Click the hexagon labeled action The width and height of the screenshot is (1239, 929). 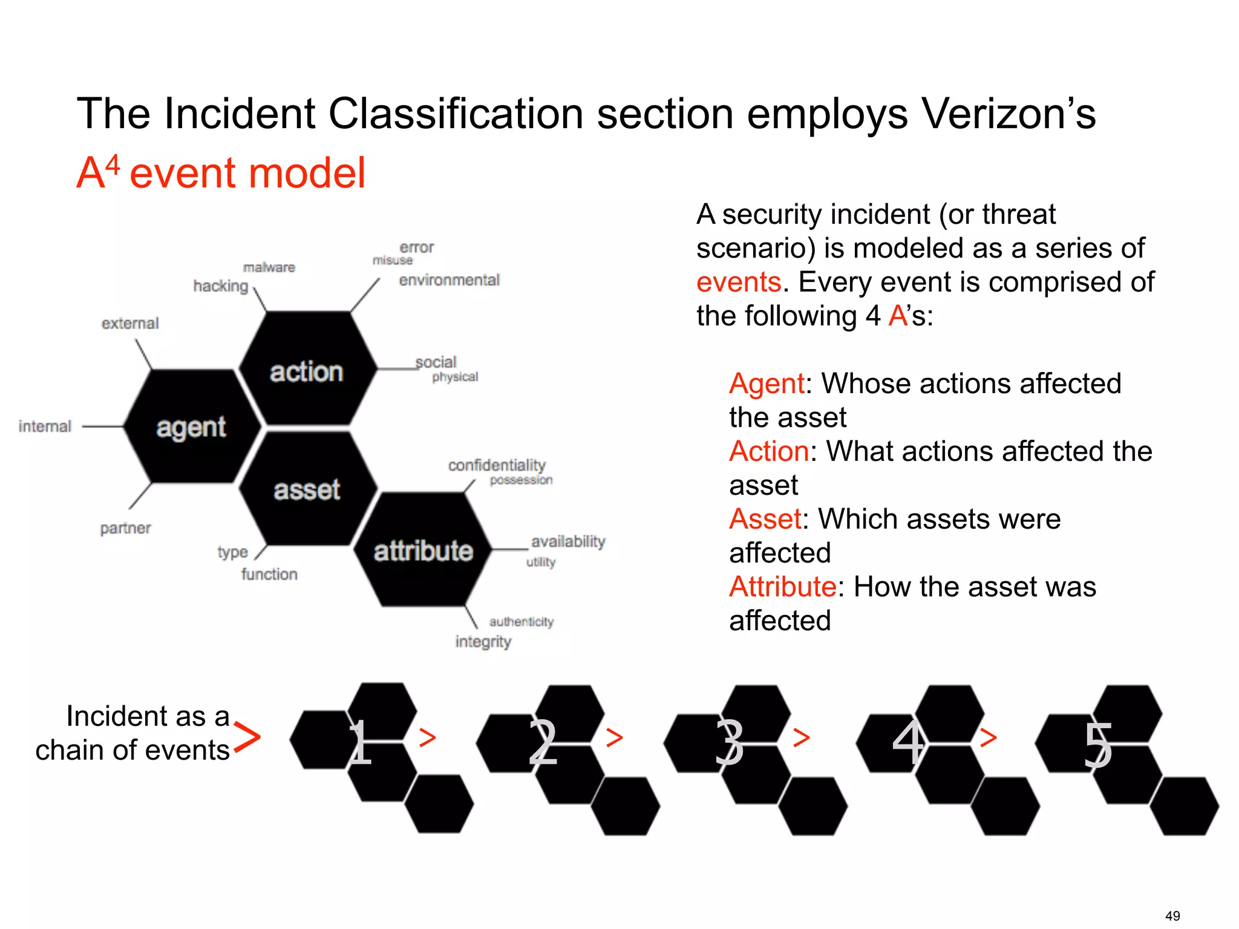(x=307, y=370)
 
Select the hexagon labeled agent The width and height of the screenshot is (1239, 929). (x=191, y=427)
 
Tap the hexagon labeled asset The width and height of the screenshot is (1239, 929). (x=307, y=489)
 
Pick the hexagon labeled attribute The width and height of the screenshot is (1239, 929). (x=423, y=550)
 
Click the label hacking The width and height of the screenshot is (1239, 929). (x=221, y=286)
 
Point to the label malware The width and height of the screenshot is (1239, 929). (x=269, y=267)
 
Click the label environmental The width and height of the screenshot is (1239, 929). (x=449, y=280)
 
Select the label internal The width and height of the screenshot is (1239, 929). (x=45, y=426)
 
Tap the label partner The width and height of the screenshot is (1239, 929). (x=125, y=528)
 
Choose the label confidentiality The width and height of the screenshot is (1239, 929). (x=497, y=465)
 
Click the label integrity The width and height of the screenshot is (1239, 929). (x=483, y=641)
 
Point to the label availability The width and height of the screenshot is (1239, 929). (x=568, y=541)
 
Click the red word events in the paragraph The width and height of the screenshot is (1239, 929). (x=739, y=282)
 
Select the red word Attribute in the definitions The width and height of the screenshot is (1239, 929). (x=782, y=587)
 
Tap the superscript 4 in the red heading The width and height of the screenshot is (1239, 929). (x=113, y=165)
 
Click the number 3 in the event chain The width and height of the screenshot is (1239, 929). (x=729, y=743)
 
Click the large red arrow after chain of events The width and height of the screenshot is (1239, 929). (x=247, y=737)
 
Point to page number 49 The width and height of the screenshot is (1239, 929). (x=1172, y=916)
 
